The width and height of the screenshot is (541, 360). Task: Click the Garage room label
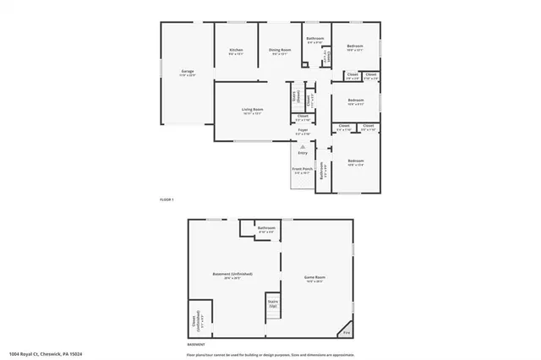coord(188,73)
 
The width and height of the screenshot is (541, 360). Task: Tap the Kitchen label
coord(237,51)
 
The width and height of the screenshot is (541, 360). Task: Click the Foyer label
coord(303,131)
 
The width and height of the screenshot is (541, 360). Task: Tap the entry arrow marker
coord(303,145)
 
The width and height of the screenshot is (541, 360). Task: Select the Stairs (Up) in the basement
coord(273,303)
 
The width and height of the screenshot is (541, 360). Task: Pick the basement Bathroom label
coord(266,228)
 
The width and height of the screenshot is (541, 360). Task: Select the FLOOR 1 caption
coord(167,199)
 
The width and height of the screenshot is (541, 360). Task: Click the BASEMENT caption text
coord(196,344)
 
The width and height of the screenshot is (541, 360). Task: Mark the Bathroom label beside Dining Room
coord(315,39)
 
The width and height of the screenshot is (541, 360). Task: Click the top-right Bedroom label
coord(355,46)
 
